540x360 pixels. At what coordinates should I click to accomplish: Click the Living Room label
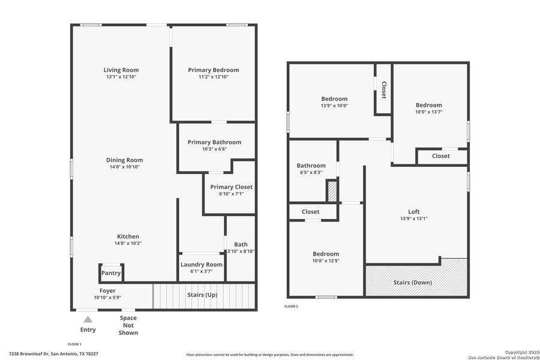pyautogui.click(x=122, y=70)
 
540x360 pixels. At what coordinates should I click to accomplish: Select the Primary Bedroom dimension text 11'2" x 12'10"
pyautogui.click(x=213, y=77)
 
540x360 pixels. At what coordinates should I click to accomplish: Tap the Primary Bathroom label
pyautogui.click(x=214, y=142)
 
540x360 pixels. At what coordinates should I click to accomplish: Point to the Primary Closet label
pyautogui.click(x=231, y=187)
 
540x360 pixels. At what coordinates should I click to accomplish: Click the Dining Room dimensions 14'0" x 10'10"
pyautogui.click(x=124, y=167)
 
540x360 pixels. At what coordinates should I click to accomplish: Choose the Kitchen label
pyautogui.click(x=128, y=236)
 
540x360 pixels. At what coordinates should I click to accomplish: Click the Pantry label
pyautogui.click(x=111, y=273)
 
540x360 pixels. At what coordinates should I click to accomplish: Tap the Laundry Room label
pyautogui.click(x=202, y=265)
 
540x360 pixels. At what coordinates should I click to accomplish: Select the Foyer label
pyautogui.click(x=107, y=291)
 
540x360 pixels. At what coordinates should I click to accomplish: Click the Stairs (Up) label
pyautogui.click(x=203, y=295)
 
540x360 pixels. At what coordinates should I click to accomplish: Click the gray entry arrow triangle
pyautogui.click(x=88, y=319)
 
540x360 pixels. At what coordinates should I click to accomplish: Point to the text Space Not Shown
pyautogui.click(x=128, y=325)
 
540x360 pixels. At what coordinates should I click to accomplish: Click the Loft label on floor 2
pyautogui.click(x=414, y=212)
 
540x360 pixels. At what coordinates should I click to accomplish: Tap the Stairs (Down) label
pyautogui.click(x=412, y=282)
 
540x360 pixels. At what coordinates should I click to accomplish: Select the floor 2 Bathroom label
pyautogui.click(x=311, y=166)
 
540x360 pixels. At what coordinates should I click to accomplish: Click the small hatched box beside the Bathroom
pyautogui.click(x=332, y=191)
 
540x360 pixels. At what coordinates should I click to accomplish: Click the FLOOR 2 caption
pyautogui.click(x=291, y=307)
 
